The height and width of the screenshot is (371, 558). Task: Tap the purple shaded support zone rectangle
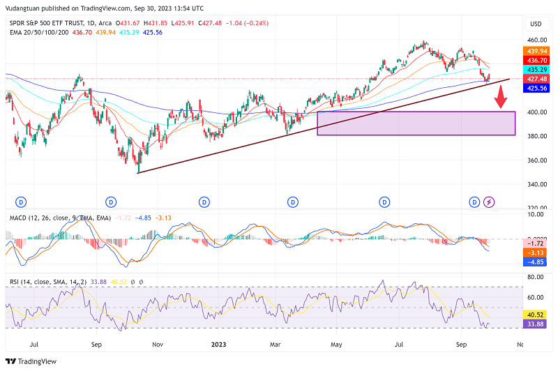(x=416, y=123)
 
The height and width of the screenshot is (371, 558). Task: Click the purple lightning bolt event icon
(x=489, y=202)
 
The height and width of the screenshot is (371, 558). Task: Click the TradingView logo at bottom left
(x=33, y=361)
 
